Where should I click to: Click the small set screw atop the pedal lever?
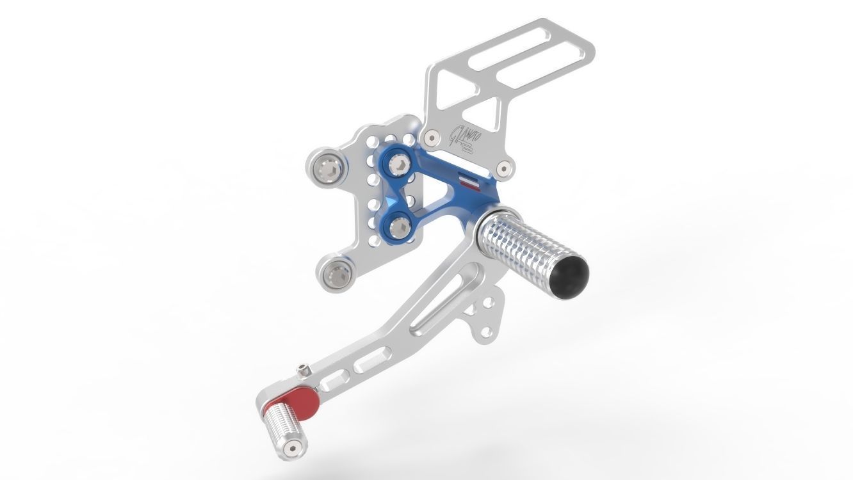click(302, 370)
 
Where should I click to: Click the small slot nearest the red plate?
click(331, 384)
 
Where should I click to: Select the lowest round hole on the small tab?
click(486, 332)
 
